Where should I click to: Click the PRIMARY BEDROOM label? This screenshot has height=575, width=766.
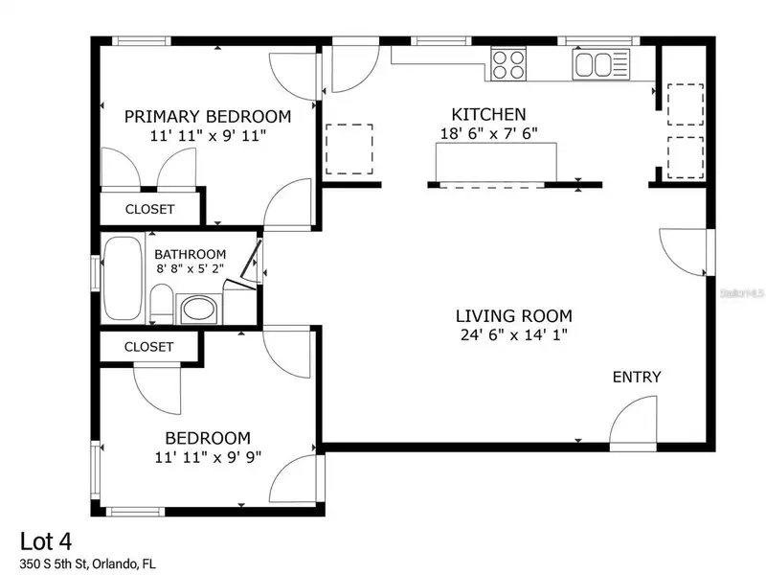point(208,116)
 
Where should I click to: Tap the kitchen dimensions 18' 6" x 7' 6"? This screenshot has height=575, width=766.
point(489,133)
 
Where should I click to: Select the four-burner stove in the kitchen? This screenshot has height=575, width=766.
point(508,64)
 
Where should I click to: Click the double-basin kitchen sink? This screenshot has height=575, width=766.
point(601,64)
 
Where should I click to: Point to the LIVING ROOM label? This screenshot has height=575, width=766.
point(514,316)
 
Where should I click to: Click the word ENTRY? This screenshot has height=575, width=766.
point(637,377)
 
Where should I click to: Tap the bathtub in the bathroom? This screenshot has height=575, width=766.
point(123,278)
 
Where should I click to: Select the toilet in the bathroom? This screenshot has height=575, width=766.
point(161,304)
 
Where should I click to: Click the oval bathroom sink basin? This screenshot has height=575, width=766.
point(198,310)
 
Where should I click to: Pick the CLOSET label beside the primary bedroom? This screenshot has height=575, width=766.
point(149,209)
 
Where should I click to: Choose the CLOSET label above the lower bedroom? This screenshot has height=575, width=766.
point(148,347)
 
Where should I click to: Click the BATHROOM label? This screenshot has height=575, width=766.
point(190,254)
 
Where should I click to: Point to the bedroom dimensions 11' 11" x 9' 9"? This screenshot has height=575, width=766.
point(208,457)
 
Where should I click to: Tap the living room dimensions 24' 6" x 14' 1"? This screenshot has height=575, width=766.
point(514,334)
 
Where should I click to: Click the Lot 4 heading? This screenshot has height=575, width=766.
point(46,541)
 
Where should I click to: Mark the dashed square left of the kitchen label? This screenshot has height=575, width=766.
point(349,149)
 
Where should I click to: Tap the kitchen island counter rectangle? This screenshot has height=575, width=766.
point(496,162)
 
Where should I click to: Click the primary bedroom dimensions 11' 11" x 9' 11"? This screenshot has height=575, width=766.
point(208,135)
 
